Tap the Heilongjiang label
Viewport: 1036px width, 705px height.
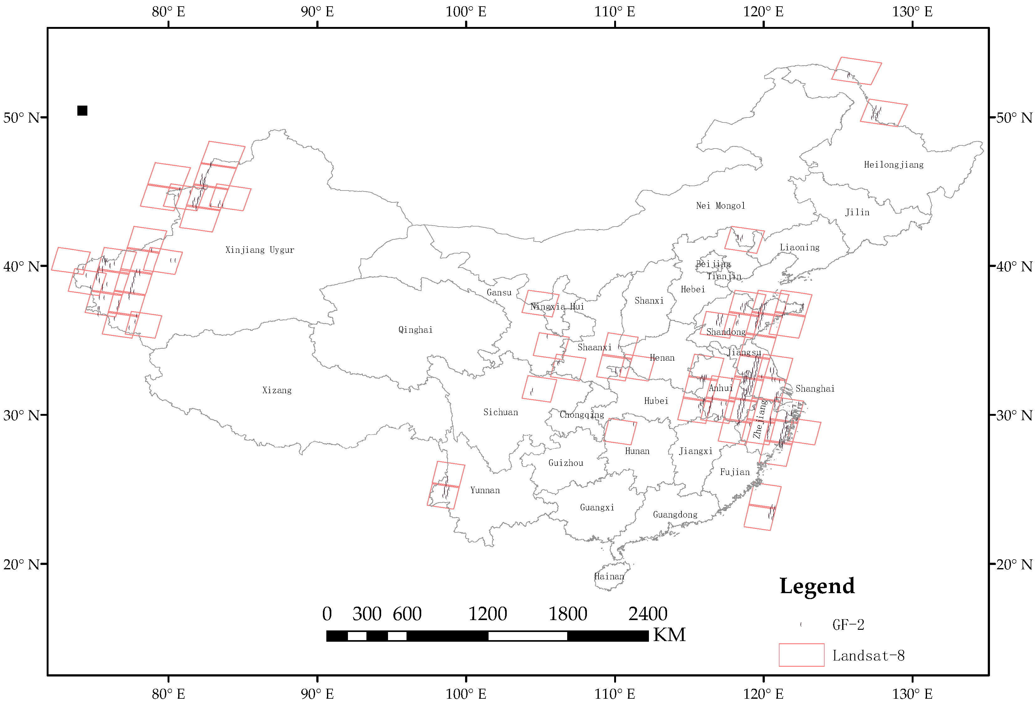point(894,164)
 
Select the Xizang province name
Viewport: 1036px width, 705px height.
point(277,390)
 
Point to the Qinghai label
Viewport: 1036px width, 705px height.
point(415,330)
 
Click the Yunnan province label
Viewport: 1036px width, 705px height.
point(485,490)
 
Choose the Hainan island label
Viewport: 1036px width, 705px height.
point(609,576)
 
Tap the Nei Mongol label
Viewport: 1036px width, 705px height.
point(720,206)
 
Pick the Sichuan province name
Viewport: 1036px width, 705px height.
point(500,412)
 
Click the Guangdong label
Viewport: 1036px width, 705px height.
point(675,514)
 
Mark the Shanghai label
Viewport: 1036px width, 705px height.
point(815,389)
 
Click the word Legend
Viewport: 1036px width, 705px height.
point(817,586)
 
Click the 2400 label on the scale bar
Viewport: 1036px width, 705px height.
point(648,614)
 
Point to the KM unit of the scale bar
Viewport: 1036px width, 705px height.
point(669,634)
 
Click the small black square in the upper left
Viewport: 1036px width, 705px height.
point(82,111)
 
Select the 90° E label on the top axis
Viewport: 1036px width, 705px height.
point(317,12)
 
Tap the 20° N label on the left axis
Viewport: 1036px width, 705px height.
point(21,564)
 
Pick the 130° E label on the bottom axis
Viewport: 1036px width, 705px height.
point(912,694)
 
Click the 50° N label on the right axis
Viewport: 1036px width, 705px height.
point(1014,118)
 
